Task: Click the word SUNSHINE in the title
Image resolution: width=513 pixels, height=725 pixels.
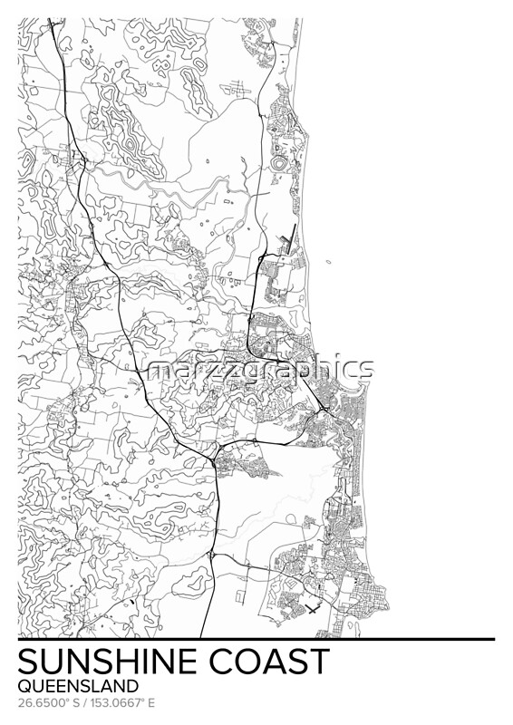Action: (110, 662)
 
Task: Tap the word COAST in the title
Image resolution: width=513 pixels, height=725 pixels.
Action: (271, 662)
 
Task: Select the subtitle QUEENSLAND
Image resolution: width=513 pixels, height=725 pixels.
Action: (78, 686)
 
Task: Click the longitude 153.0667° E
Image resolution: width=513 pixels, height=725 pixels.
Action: (121, 702)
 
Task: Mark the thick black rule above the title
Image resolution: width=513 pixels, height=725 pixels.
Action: (256, 640)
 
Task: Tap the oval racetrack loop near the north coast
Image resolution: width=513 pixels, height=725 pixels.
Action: (281, 163)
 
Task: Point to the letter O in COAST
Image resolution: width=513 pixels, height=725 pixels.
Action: (251, 662)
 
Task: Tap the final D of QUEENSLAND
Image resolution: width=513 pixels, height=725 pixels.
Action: (133, 686)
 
